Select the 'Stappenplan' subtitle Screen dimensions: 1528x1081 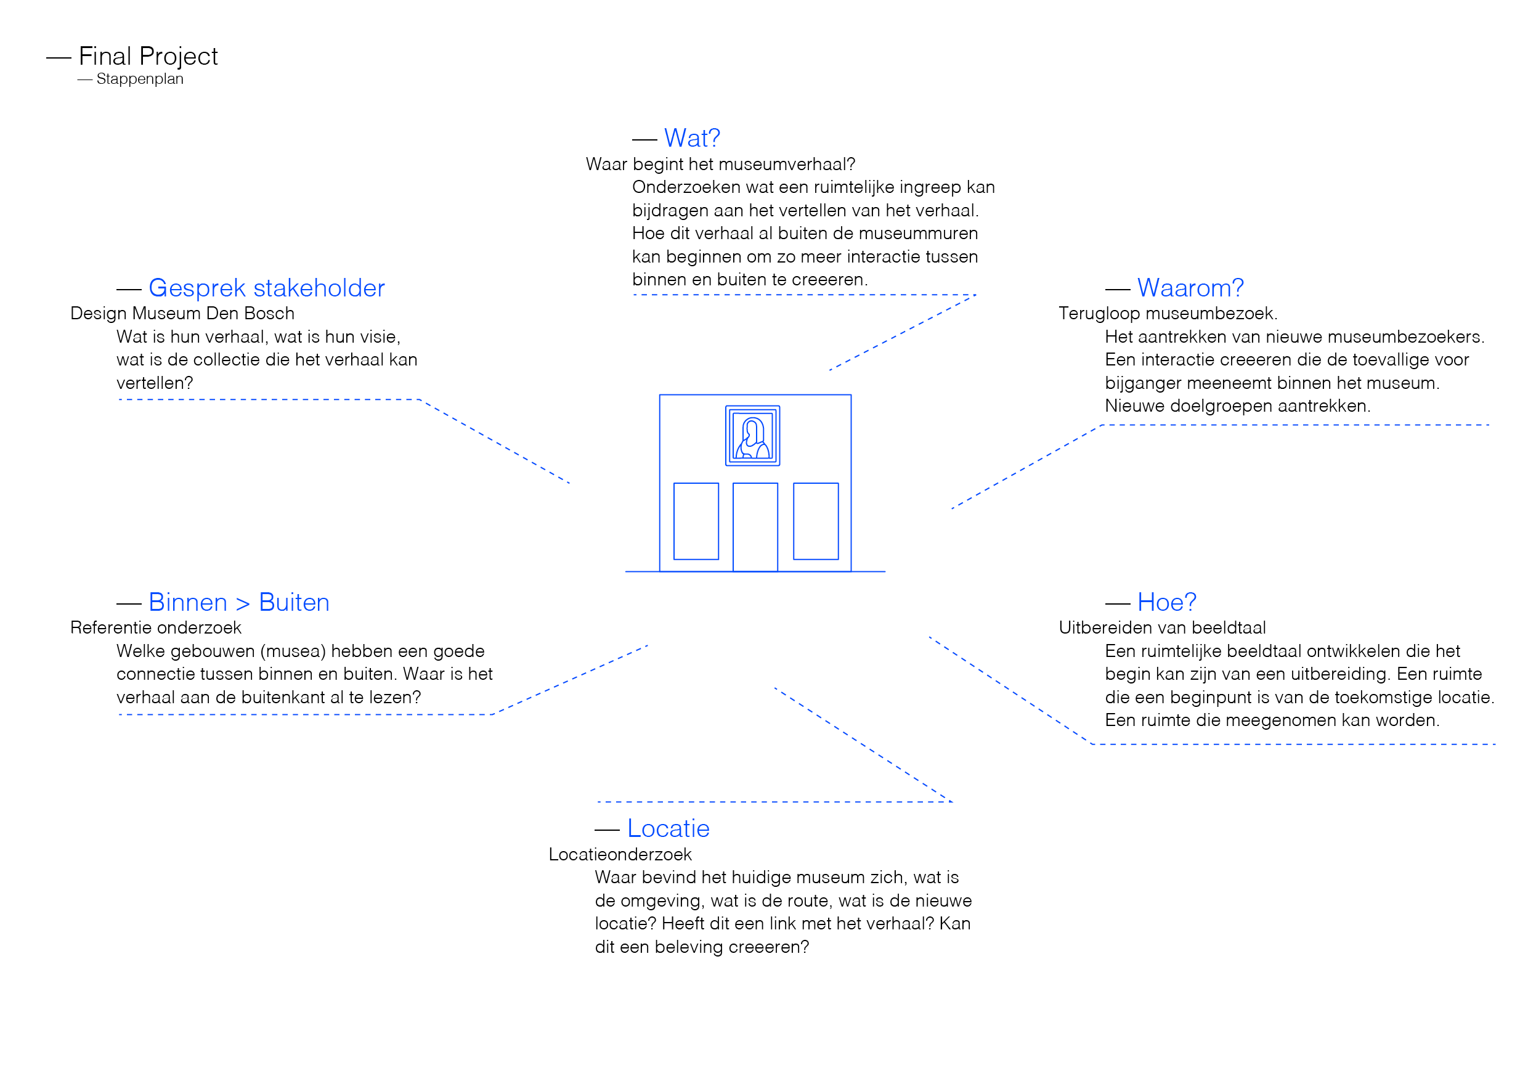click(140, 80)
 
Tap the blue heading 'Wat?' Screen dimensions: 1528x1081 click(692, 139)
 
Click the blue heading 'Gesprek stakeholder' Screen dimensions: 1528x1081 click(267, 288)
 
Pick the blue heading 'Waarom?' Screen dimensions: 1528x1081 click(1190, 288)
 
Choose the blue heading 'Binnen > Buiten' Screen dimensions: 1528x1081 click(239, 602)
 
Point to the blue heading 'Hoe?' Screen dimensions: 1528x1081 click(1166, 602)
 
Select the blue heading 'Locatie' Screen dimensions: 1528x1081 click(668, 829)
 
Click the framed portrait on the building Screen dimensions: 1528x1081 click(753, 436)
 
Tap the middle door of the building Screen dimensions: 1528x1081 click(755, 526)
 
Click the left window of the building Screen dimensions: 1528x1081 click(696, 521)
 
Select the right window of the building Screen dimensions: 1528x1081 click(816, 521)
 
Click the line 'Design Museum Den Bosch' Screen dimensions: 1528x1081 click(182, 314)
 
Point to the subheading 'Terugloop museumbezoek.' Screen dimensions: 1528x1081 click(1168, 314)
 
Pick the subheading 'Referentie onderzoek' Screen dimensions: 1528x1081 click(156, 627)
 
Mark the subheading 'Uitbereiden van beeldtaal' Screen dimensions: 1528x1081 click(1162, 627)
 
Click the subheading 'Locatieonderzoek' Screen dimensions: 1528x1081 click(620, 855)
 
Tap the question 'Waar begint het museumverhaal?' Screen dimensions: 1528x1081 click(721, 165)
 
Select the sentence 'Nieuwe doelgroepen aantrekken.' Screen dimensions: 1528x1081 click(1238, 406)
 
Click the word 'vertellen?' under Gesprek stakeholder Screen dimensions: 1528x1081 click(155, 383)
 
